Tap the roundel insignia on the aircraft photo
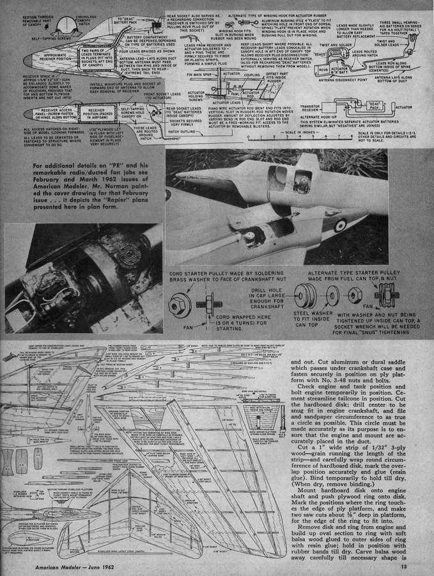coord(339,225)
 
